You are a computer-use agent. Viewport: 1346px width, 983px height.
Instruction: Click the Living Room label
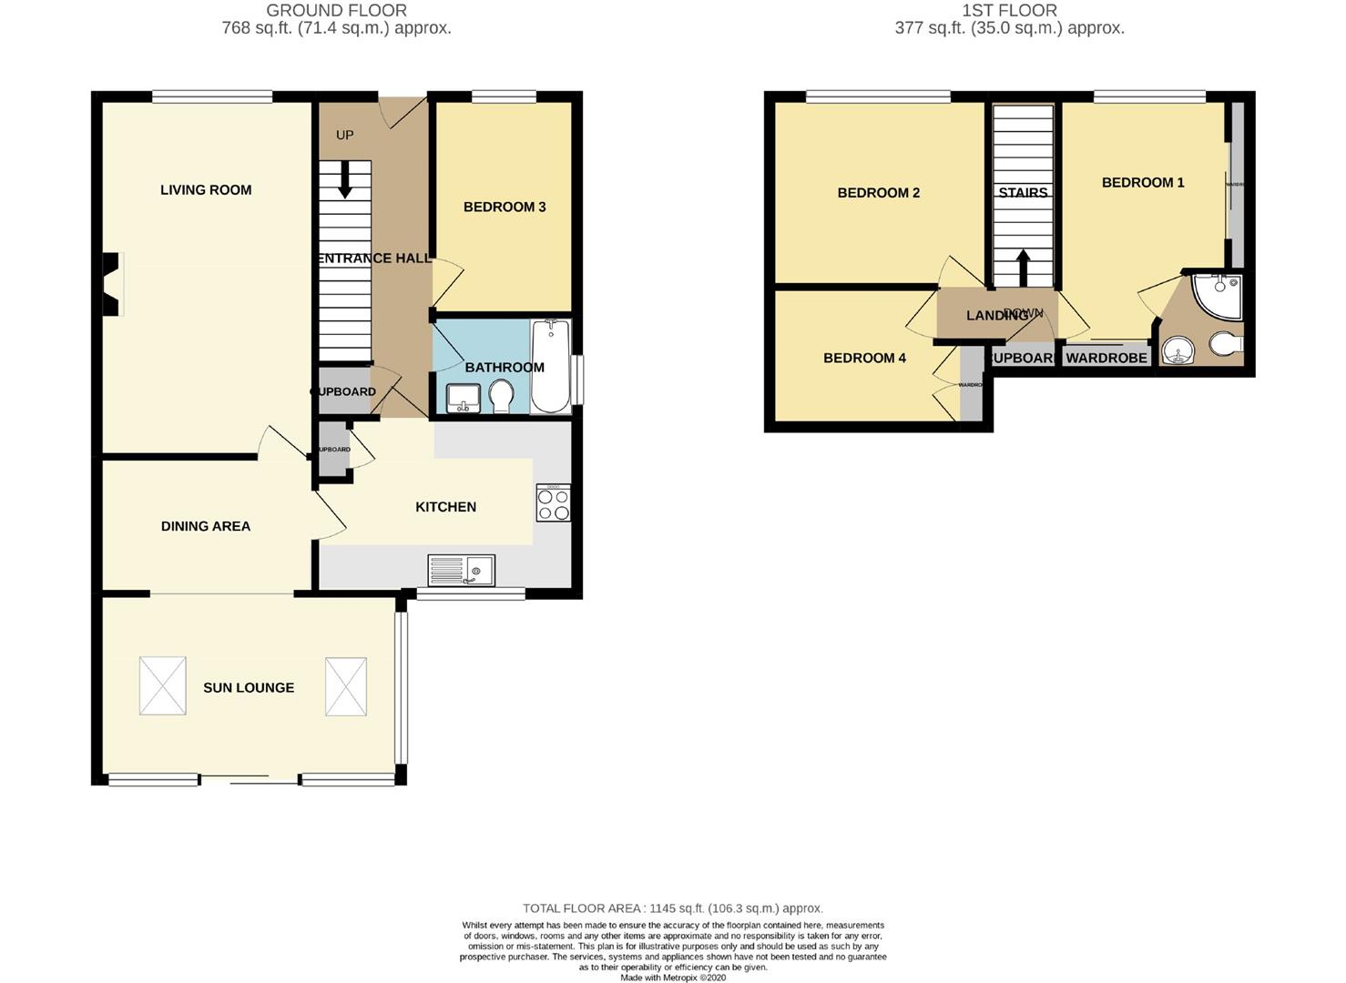(206, 190)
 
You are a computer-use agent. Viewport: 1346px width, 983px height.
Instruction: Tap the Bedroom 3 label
(505, 208)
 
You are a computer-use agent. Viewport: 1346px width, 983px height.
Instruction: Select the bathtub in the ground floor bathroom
(550, 366)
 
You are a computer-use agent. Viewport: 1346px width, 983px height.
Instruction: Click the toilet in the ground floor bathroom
(500, 397)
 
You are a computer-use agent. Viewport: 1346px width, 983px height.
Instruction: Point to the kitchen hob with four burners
(553, 502)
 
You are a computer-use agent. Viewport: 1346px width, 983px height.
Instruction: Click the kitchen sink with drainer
(461, 571)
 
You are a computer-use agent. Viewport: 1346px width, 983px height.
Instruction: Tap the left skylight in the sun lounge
(163, 685)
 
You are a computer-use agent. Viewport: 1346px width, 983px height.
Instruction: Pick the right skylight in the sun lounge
(346, 685)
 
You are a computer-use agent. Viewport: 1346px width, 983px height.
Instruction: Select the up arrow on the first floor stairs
(1023, 268)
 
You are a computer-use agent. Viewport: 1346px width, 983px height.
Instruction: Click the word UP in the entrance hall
(344, 136)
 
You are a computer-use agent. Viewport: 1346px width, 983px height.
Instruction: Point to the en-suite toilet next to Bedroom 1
(1225, 346)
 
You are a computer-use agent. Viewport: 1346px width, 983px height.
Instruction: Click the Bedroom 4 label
(864, 359)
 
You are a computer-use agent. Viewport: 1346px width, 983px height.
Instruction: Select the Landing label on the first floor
(997, 316)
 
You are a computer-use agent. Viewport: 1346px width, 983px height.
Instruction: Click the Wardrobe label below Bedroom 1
(1106, 359)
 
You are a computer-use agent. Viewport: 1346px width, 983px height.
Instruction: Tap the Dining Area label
(205, 526)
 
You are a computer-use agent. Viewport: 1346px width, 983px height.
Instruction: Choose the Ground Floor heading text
(336, 11)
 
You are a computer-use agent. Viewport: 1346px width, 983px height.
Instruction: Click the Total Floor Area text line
(672, 908)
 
